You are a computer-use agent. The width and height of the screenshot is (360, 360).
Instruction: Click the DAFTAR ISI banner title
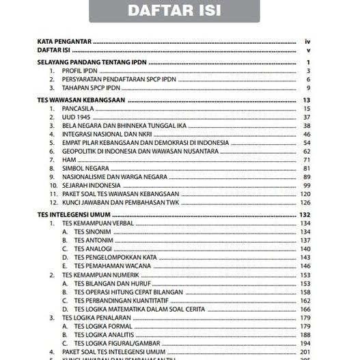coord(180,12)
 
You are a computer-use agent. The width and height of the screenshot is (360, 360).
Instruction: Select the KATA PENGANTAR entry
coord(65,42)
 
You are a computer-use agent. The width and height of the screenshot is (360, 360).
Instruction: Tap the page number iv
coord(308,42)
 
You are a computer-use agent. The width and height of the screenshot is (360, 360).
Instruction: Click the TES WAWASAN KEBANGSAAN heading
coord(81,101)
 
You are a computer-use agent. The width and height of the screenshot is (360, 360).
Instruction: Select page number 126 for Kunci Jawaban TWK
coord(305,203)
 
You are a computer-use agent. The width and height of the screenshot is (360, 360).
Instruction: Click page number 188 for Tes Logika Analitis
coord(305,335)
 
